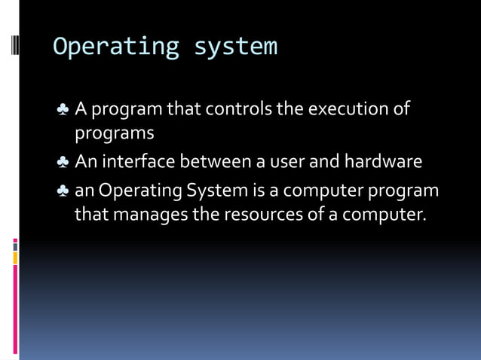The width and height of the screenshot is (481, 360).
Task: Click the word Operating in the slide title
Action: coord(115,47)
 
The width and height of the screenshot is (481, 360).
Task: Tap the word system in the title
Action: coord(235,47)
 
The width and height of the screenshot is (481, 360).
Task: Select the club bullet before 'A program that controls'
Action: coord(63,110)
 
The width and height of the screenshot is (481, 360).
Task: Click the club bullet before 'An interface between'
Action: coord(63,163)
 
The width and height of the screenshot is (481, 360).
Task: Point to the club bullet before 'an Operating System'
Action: coord(63,191)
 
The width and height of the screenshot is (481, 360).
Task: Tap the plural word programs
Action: coord(114,134)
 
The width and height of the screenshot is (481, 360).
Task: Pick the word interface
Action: coord(138,162)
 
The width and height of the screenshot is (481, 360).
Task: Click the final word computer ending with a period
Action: coord(384,215)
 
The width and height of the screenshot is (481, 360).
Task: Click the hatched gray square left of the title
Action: coord(14,47)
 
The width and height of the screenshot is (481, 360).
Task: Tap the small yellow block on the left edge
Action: coord(14,258)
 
